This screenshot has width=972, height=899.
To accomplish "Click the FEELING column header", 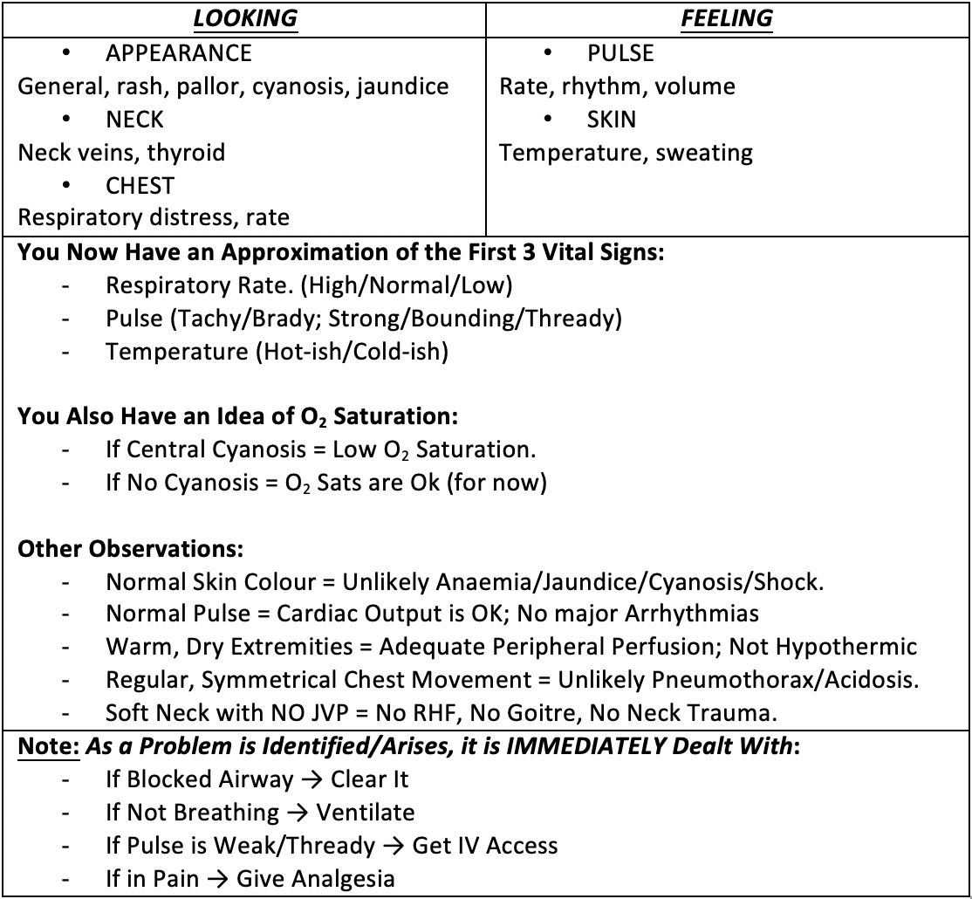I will [x=727, y=18].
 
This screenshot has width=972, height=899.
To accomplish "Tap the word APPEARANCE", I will [x=179, y=53].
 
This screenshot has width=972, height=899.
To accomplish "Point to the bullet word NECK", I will [x=134, y=120].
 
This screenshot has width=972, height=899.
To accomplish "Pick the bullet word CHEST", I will [x=140, y=186].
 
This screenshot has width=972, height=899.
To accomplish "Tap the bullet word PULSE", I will [x=620, y=53].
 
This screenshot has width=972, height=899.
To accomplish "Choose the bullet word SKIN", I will [x=612, y=120].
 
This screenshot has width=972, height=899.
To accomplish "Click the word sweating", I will [x=704, y=153].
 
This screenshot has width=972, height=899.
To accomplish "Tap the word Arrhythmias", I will [x=692, y=614].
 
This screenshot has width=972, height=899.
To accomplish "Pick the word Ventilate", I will [x=366, y=813].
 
